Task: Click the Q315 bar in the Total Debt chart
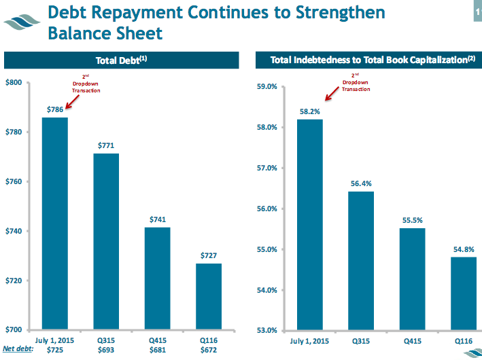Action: coord(107,241)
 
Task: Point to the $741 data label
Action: coord(158,219)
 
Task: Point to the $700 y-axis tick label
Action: coord(14,330)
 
